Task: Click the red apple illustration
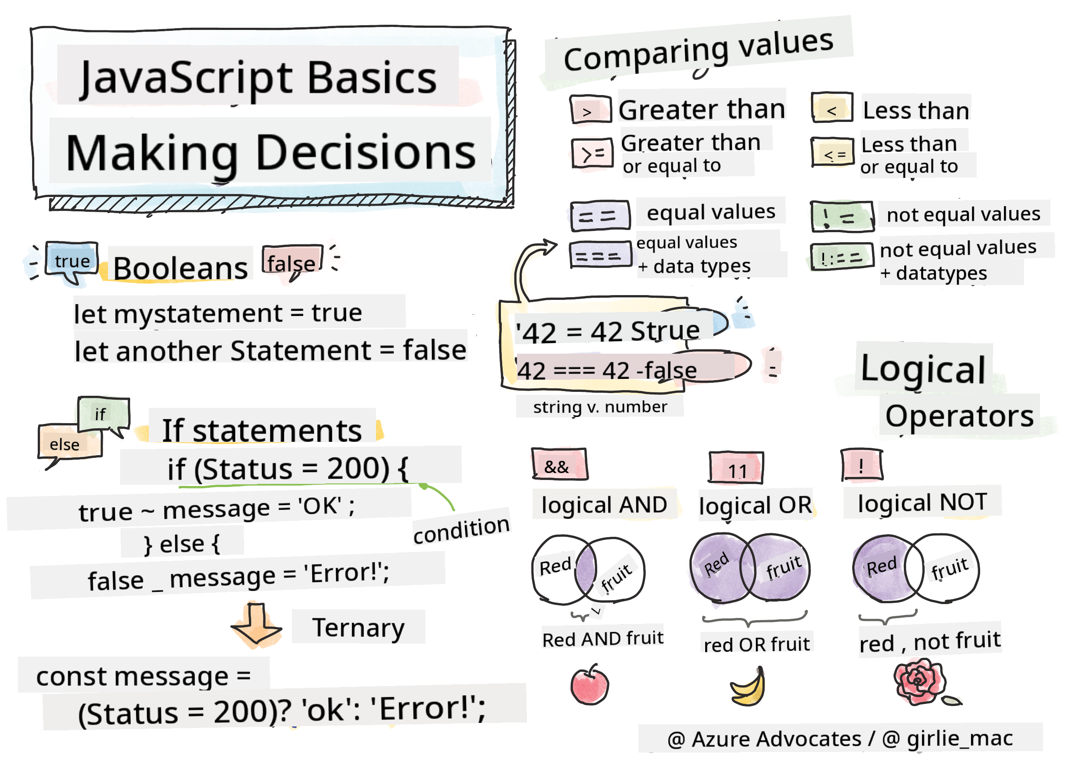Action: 589,686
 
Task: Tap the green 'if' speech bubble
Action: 102,414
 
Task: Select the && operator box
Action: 559,465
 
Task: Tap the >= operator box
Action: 592,153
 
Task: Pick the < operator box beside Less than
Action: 831,109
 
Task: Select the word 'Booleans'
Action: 180,268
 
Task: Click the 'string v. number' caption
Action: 599,407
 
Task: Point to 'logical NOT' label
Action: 922,503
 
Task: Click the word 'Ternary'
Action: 358,627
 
